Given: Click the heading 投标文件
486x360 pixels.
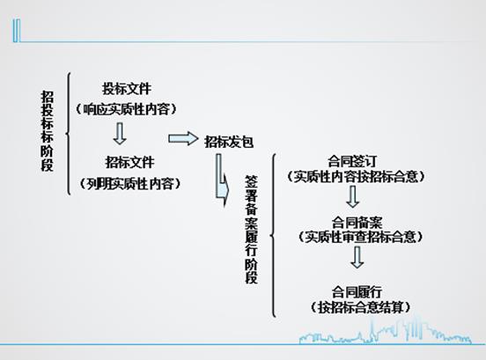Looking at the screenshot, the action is [127, 89].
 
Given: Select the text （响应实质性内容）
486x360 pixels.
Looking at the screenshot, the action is [127, 109].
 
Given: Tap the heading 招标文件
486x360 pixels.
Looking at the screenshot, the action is [129, 162].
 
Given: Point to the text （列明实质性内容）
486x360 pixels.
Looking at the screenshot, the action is [130, 184].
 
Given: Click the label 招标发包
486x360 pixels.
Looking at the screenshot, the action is [229, 143].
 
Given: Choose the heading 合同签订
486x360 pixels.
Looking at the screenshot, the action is [352, 161].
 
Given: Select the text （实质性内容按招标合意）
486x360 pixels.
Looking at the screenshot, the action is [356, 177].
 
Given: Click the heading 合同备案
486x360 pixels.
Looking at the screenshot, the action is [357, 223].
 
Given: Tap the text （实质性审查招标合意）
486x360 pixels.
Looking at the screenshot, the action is [361, 237].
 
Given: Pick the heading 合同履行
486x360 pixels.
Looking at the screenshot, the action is [357, 292].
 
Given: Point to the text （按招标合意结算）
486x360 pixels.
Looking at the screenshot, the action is [361, 307].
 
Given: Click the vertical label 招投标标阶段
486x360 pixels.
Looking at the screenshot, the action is [48, 131].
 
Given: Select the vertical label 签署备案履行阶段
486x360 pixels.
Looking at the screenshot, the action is [252, 229].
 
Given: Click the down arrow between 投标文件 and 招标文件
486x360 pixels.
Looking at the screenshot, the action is [120, 134].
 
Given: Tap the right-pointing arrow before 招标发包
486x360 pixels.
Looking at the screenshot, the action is [183, 138].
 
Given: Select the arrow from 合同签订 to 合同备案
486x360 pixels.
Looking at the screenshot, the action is [353, 197].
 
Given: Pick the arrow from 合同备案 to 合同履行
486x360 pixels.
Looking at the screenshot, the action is [357, 257].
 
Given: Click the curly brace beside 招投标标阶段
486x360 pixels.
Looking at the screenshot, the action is [68, 134].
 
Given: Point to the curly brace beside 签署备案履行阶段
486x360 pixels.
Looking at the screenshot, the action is [273, 236].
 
